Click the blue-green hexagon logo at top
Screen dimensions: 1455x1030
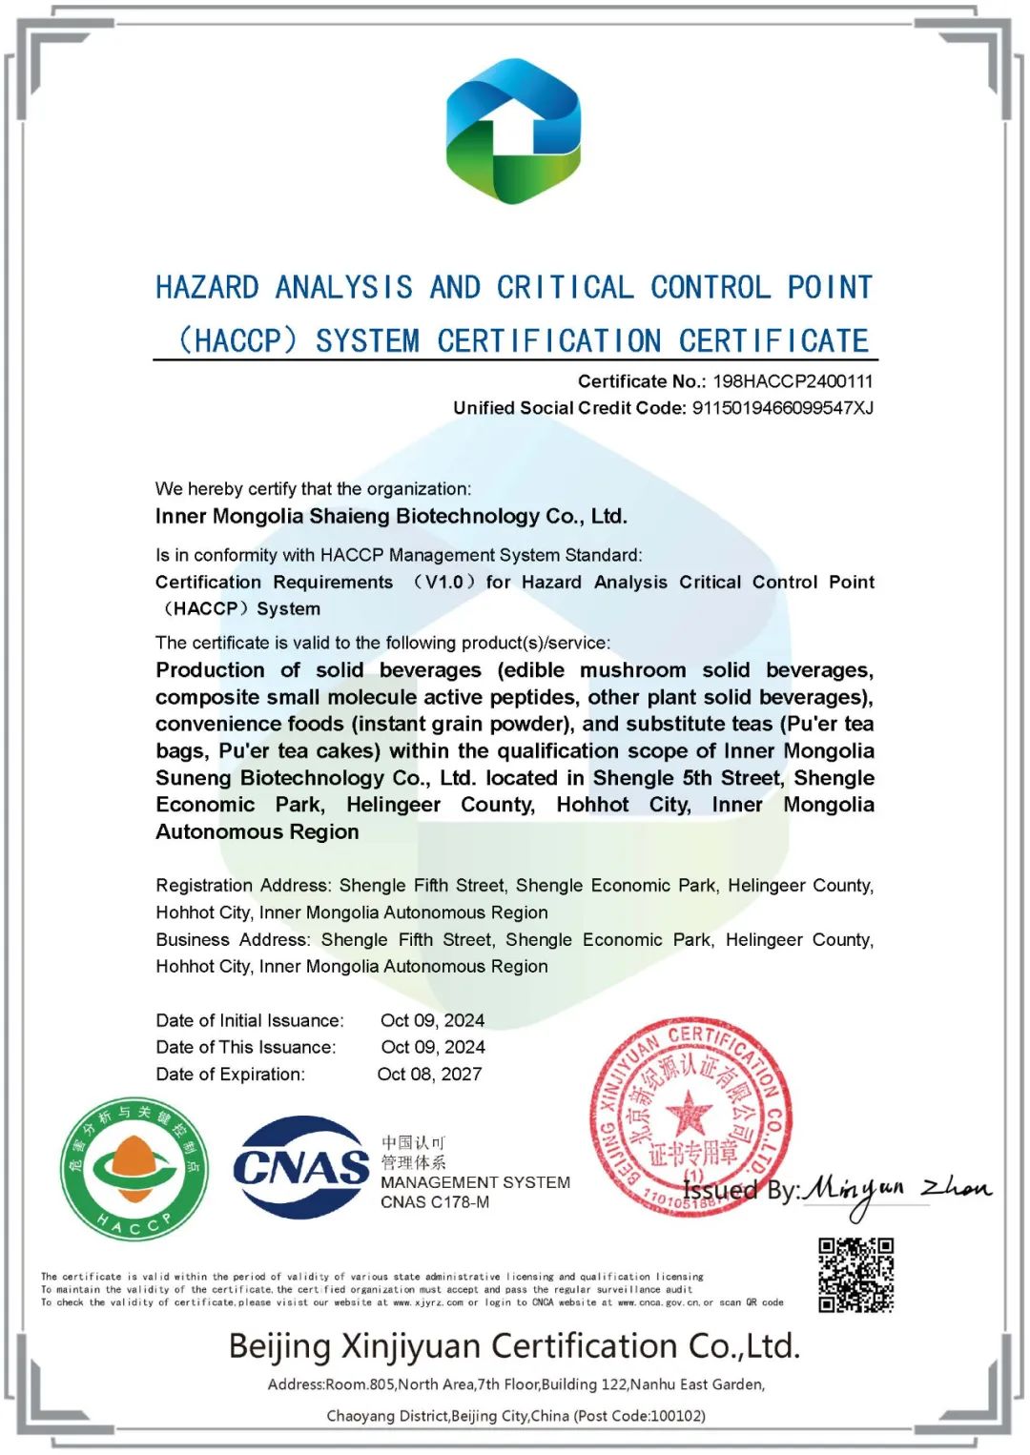(x=513, y=131)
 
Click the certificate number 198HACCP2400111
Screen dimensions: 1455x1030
(x=793, y=381)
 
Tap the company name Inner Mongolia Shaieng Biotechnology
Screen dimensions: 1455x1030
(x=391, y=517)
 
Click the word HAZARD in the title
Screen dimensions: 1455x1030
(x=207, y=288)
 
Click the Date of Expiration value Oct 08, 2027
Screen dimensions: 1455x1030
(x=429, y=1075)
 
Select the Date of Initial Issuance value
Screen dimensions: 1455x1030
(x=432, y=1020)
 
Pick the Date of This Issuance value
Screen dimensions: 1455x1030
(x=433, y=1047)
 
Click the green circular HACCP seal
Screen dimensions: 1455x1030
(x=134, y=1168)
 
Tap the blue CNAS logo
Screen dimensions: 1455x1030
(x=300, y=1167)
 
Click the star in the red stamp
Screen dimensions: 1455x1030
(x=688, y=1113)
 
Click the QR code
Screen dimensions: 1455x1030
(x=855, y=1275)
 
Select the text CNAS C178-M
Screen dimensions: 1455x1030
(x=435, y=1202)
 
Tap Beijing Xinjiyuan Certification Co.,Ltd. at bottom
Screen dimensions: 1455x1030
(x=514, y=1346)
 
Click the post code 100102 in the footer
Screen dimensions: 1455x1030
(x=677, y=1416)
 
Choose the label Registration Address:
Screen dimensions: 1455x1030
(x=243, y=886)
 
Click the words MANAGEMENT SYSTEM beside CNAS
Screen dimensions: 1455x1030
(x=475, y=1182)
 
